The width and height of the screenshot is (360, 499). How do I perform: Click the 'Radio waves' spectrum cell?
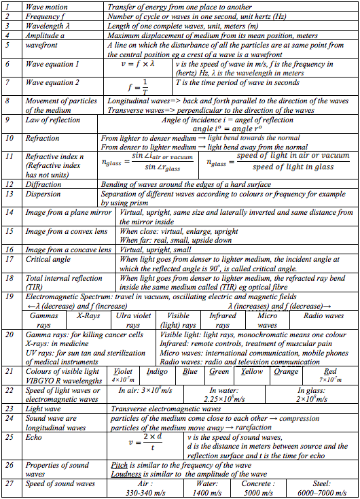click(x=324, y=315)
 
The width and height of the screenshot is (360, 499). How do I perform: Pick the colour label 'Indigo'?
click(x=158, y=372)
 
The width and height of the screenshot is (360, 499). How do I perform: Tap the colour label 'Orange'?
click(x=286, y=372)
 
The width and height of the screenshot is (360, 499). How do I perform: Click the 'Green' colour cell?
click(x=219, y=372)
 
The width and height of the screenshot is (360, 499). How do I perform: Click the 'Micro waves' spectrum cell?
click(x=268, y=320)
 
